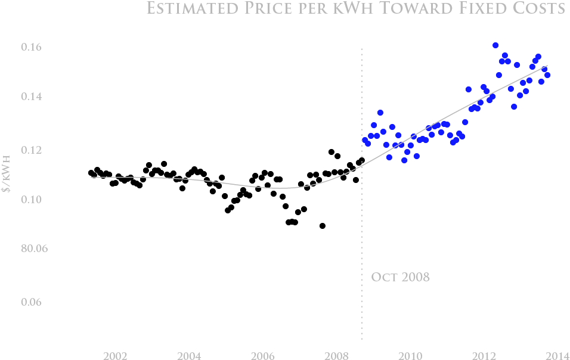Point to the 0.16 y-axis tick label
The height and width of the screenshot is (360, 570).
34,47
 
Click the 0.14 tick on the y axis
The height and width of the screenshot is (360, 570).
34,97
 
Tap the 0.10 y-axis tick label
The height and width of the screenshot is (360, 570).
34,199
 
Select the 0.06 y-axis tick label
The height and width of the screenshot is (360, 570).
34,302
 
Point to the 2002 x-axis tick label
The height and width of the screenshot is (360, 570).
114,356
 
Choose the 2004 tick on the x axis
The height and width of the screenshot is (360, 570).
188,356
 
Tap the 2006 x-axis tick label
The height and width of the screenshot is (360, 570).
262,356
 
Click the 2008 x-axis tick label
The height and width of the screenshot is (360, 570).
336,356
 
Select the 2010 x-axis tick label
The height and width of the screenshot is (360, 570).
410,356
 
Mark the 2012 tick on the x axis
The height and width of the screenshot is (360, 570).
484,356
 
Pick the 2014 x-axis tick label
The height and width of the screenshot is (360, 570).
557,356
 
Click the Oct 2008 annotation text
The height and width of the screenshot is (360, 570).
400,277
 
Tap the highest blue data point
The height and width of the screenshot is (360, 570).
495,45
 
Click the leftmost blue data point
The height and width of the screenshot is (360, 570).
365,140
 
